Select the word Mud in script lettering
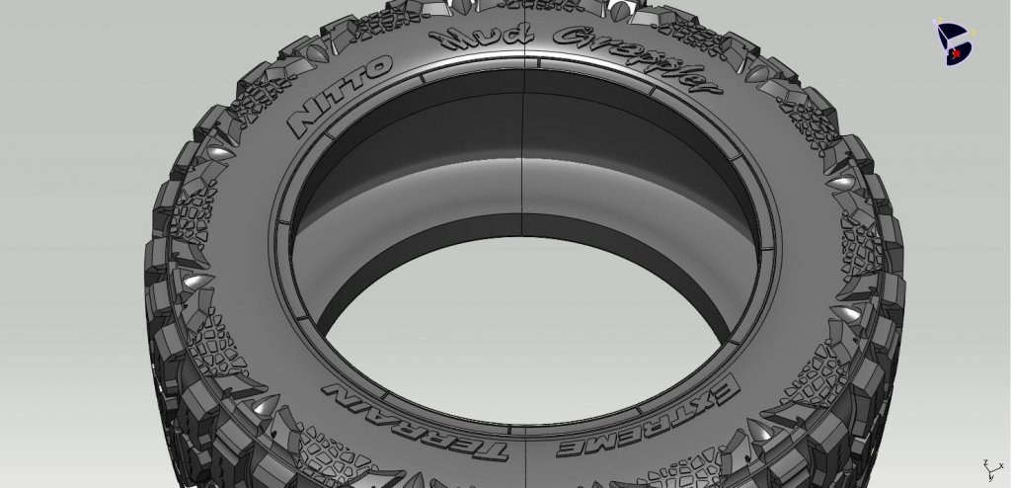pyautogui.click(x=475, y=41)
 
